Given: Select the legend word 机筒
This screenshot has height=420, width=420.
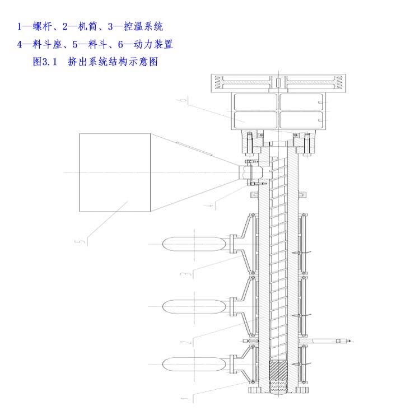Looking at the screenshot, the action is (x=87, y=26).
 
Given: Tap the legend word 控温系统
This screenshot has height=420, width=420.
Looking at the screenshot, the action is (x=143, y=26).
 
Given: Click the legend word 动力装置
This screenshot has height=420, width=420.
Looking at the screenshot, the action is (x=153, y=44).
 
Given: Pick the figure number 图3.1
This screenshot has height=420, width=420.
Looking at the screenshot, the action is (x=45, y=62).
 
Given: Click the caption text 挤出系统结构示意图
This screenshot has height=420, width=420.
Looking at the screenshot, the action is (x=113, y=62).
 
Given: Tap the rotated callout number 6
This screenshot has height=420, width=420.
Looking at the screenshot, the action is (x=183, y=100).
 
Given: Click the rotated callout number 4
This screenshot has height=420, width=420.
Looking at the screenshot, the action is (x=209, y=206).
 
